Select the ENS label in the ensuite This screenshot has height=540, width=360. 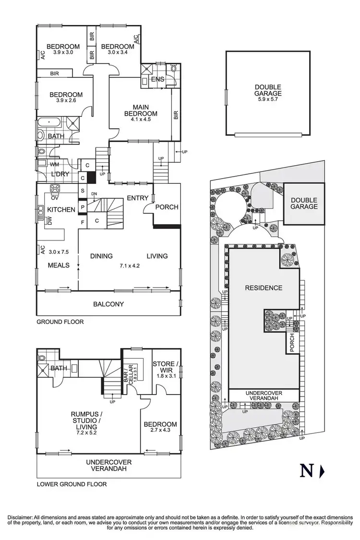tap(158, 79)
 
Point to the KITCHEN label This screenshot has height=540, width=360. tap(61, 209)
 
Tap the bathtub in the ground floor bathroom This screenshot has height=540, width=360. tap(48, 122)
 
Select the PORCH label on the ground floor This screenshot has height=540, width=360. tap(167, 207)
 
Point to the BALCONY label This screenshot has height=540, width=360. tap(108, 304)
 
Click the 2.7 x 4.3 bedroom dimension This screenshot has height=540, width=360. tap(160, 432)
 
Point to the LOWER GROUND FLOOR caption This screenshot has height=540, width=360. tap(72, 484)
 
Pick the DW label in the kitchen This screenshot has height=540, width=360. tap(49, 219)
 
